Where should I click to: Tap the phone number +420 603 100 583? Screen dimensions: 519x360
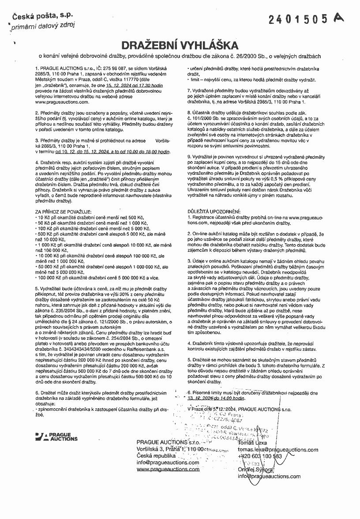260,456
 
